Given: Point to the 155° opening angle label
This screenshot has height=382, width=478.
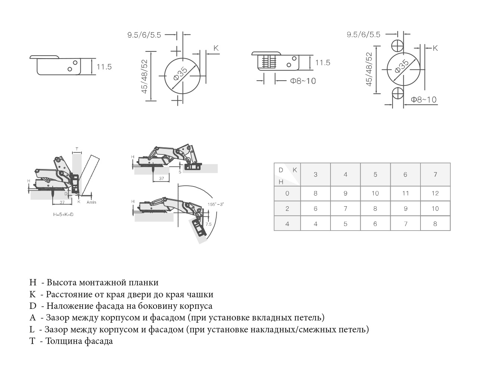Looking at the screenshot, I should click(215, 204).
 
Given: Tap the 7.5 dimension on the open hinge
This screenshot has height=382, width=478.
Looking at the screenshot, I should click(208, 224).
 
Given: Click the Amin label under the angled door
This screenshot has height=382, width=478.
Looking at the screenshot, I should click(91, 202).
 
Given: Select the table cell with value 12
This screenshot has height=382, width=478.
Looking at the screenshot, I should click(435, 193).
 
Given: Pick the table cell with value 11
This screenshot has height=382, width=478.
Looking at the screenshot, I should click(405, 193).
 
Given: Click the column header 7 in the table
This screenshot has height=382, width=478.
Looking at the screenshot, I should click(435, 174).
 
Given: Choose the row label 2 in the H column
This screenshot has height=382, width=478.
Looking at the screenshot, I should click(287, 209).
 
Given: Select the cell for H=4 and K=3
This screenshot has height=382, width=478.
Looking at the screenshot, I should click(316, 224).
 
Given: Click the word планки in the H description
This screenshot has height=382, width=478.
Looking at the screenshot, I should click(144, 282).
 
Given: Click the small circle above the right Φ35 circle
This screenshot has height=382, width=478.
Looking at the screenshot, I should click(398, 46).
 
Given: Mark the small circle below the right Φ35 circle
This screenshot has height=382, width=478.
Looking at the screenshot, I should click(398, 93).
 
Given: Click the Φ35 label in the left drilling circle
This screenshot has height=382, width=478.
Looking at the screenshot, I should click(181, 74).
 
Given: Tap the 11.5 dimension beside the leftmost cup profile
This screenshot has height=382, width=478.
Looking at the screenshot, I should click(104, 67).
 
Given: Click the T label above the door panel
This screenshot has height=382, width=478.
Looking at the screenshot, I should click(77, 149).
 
